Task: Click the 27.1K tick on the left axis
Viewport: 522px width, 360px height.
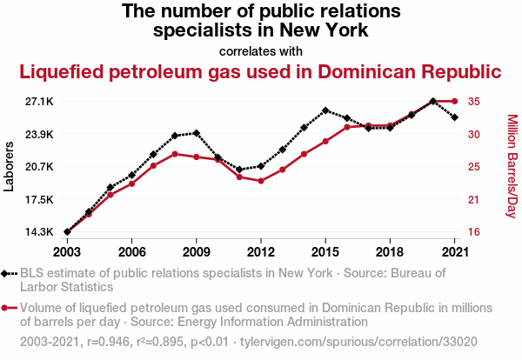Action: tap(39, 102)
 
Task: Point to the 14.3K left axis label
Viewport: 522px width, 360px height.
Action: tap(39, 232)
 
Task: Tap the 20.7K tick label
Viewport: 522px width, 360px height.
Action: tap(39, 167)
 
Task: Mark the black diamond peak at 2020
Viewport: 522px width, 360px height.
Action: tap(433, 102)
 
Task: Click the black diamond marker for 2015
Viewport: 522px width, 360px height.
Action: tap(325, 110)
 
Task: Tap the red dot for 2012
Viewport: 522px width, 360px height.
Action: tap(261, 181)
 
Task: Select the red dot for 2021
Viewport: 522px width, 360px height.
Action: tap(454, 102)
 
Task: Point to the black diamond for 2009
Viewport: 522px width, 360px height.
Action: tap(197, 133)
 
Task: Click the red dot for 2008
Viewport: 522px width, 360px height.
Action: tap(175, 154)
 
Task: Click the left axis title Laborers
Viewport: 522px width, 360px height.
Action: tap(10, 167)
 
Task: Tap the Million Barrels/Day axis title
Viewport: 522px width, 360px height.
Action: tap(512, 167)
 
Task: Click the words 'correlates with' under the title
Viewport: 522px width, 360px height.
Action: tap(260, 50)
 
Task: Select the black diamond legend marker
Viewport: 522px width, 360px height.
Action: tap(9, 273)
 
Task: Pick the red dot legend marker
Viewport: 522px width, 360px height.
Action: tap(9, 308)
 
